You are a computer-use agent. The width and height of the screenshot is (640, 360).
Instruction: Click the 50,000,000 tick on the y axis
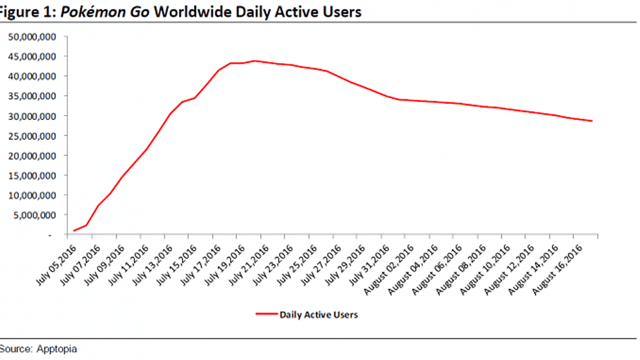[x=32, y=37]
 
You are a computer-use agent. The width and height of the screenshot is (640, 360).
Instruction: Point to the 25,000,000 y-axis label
[x=32, y=136]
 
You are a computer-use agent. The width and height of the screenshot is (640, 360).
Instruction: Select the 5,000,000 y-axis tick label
[x=35, y=215]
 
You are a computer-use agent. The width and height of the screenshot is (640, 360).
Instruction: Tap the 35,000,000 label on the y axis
[x=32, y=96]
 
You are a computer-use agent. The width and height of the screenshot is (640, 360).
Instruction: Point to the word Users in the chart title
[x=340, y=12]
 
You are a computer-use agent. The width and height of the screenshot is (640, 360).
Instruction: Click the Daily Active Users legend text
[x=319, y=314]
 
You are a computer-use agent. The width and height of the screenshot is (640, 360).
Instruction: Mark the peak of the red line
[x=255, y=61]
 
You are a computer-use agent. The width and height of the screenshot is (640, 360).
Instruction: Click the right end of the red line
[x=592, y=121]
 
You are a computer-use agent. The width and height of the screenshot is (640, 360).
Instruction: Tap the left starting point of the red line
[x=74, y=231]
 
